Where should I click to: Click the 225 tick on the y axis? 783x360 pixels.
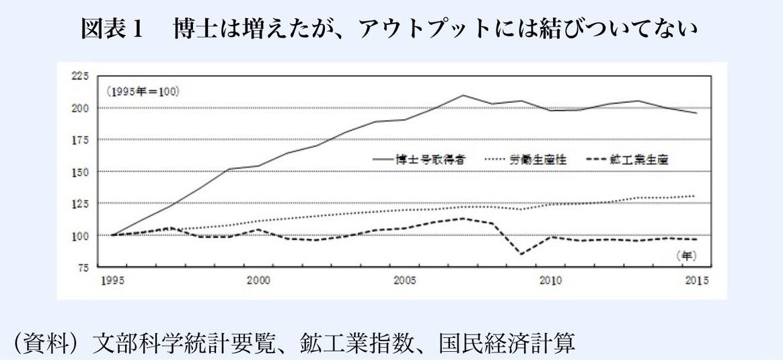click(80, 75)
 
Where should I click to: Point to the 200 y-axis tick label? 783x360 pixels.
click(80, 108)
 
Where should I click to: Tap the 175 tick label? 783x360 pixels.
click(80, 139)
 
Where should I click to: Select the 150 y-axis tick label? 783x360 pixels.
click(80, 172)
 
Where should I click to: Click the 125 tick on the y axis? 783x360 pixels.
click(80, 203)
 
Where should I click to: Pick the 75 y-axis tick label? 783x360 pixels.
click(82, 267)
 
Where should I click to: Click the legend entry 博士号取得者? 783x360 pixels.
click(431, 159)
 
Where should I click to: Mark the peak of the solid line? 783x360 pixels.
click(463, 96)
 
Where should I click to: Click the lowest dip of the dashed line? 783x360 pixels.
click(521, 254)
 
